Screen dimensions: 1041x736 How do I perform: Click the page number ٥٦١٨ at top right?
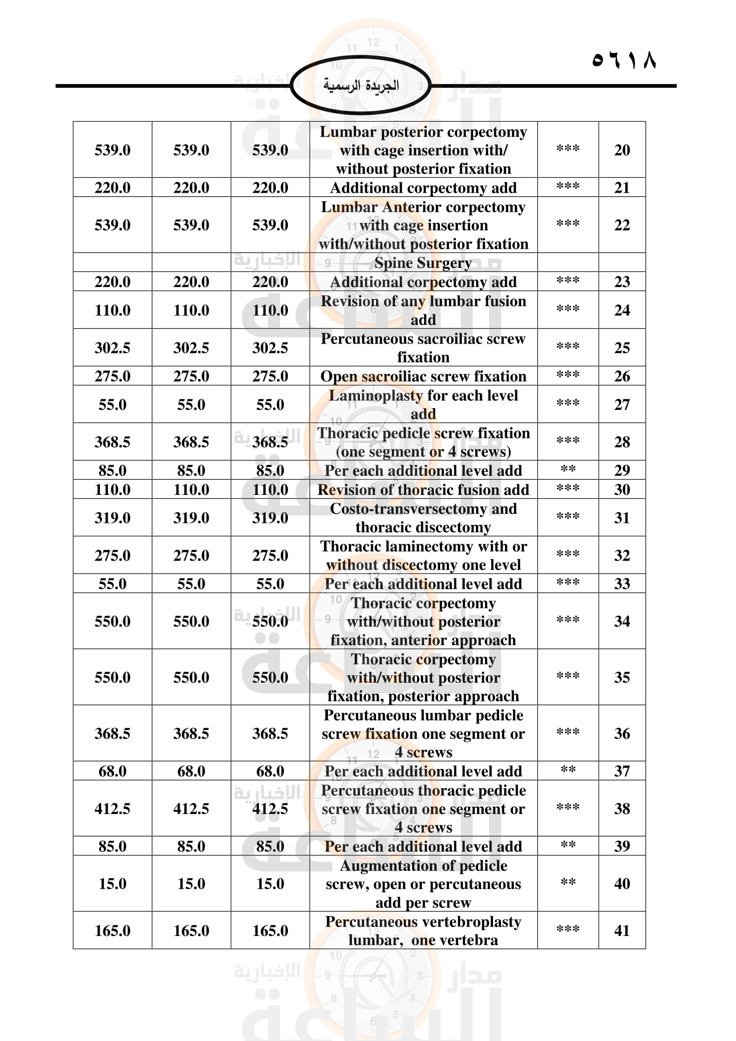623,60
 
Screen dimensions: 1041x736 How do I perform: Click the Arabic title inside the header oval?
361,85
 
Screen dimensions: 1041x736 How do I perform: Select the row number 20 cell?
622,150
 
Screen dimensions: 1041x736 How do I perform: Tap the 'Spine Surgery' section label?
423,263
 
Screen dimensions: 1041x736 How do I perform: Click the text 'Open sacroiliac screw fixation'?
423,377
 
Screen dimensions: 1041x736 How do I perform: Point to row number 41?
622,930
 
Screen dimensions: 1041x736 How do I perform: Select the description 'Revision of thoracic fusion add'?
423,490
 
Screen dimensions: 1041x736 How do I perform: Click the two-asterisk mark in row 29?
568,469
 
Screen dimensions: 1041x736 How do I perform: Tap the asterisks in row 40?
568,882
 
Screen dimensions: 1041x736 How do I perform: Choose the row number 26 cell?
622,376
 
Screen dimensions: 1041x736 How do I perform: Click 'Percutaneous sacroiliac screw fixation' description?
423,348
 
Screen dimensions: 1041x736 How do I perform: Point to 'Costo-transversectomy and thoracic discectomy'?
423,518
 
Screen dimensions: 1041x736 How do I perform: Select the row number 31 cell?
622,518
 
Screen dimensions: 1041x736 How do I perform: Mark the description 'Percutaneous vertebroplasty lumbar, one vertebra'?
423,930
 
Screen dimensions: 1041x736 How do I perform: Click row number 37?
622,771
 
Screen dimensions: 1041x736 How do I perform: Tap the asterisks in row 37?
568,770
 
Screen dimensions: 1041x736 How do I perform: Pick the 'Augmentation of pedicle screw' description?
423,884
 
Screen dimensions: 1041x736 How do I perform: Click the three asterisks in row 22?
568,223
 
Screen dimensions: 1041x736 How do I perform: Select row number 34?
622,621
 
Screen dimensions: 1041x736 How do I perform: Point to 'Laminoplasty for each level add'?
423,405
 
